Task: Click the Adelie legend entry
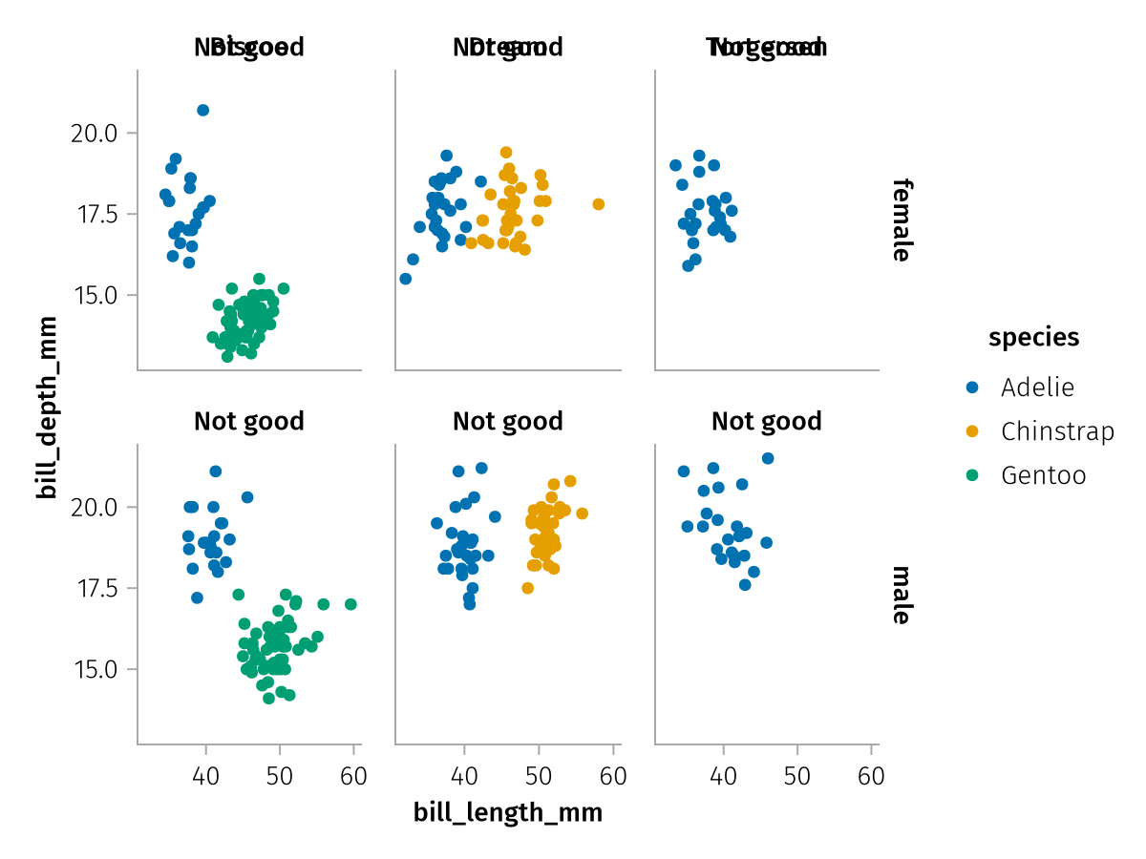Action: (1036, 388)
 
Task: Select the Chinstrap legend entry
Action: (1056, 431)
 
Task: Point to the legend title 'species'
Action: (1034, 337)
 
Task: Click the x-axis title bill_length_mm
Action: (508, 813)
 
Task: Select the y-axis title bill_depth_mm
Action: (45, 409)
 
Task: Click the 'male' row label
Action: (901, 595)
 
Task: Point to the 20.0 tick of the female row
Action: (93, 133)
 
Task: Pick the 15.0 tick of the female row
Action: (93, 295)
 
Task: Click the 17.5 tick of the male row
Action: (93, 588)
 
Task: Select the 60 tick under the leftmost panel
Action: (353, 776)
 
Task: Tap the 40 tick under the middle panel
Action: (464, 776)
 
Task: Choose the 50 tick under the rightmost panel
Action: (797, 776)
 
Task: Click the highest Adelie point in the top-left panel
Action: (202, 111)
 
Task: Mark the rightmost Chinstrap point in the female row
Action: (599, 204)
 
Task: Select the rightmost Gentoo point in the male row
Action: (350, 604)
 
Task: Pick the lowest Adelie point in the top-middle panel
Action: (405, 279)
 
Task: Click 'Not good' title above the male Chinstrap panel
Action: (507, 421)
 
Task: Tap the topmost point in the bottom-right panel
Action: (768, 458)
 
